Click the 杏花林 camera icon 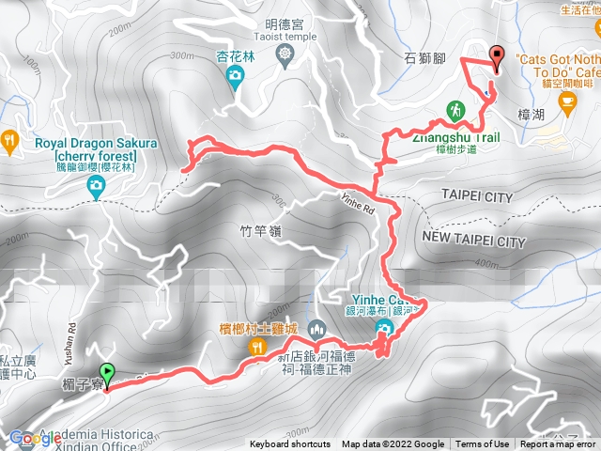point(234,81)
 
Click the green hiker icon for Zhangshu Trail point(455,109)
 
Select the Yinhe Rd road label point(358,202)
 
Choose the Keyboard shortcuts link point(289,444)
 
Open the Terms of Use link point(483,444)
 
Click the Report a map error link point(560,444)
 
